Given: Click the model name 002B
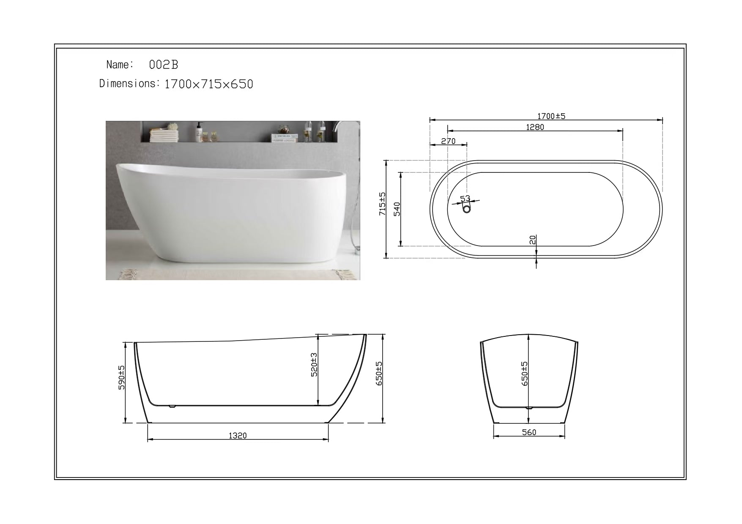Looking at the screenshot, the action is coord(164,65).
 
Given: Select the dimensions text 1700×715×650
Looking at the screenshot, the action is coord(208,85).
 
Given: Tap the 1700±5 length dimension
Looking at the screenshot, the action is coord(551,116).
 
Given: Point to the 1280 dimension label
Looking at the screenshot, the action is coord(535,127).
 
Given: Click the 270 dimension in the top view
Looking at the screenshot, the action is coord(448,141).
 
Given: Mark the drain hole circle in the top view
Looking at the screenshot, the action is coord(467,209).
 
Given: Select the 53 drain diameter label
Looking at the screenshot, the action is coord(465,199).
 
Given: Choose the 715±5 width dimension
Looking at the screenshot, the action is coord(382,205).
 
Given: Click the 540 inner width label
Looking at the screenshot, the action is coord(397,209).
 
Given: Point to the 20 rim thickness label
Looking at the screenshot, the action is coord(533,240).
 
